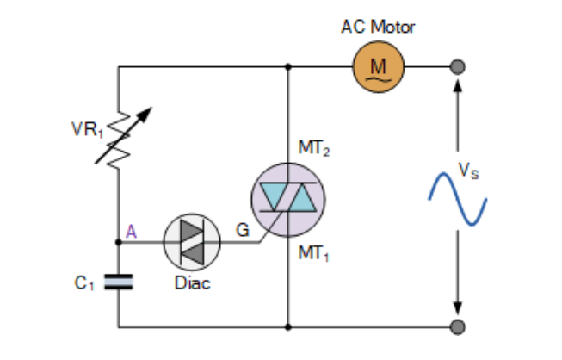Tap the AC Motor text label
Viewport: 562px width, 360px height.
click(379, 27)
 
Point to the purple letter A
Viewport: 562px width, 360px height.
click(131, 231)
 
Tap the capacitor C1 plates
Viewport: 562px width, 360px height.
click(118, 282)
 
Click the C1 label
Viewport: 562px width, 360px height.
click(83, 282)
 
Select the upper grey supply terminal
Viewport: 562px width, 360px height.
click(459, 66)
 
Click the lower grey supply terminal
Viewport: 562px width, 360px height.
click(459, 327)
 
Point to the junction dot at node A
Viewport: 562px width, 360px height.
click(118, 242)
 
